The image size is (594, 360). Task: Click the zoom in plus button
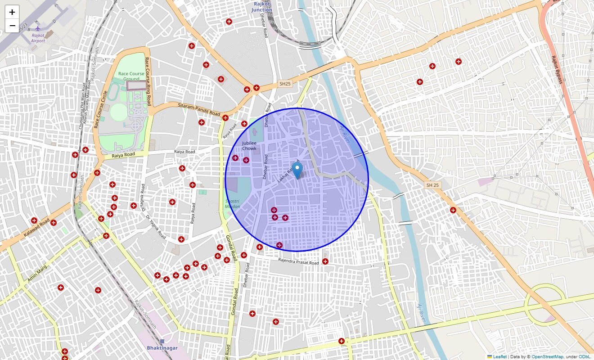point(12,12)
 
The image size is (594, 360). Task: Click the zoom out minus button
point(12,26)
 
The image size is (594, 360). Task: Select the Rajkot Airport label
point(38,38)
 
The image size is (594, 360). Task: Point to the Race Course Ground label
point(131,76)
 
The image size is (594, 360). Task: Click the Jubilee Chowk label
point(249,145)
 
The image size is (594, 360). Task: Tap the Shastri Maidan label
point(233,204)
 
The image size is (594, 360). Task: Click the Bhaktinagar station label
point(162,348)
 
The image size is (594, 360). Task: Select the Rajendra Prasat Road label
point(298,261)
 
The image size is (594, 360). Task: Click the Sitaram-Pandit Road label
point(199,109)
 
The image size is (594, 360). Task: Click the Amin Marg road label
point(37,274)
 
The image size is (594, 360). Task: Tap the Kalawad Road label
point(37,229)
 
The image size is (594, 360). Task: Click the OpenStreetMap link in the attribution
point(547,357)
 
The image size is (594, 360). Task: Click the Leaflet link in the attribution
point(499,357)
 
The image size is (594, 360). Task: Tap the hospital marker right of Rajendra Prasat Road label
point(325,261)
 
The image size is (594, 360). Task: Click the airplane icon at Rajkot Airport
point(38,29)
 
